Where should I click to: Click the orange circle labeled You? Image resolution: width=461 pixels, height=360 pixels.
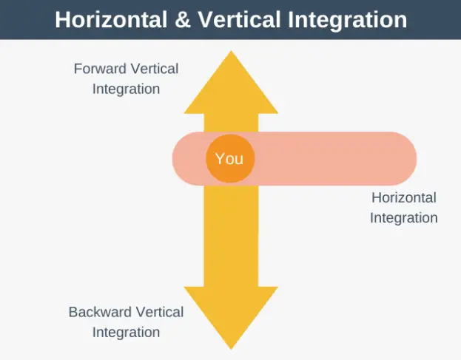pos(229,158)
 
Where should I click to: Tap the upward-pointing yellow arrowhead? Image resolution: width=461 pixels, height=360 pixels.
pos(230,85)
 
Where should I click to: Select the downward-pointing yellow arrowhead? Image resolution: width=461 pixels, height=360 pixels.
pos(230,314)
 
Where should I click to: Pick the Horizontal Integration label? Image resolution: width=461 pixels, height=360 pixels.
pos(403,208)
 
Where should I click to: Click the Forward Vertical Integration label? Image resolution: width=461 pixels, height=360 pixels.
pos(126,79)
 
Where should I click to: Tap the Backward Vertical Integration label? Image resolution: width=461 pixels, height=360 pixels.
pos(126,322)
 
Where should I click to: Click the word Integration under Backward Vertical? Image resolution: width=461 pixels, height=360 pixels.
pos(126,332)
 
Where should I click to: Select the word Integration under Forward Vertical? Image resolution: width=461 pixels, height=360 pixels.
pos(126,89)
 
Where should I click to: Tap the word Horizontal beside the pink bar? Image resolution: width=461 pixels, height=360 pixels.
pos(403,197)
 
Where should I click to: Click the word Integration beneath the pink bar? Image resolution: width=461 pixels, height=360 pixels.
pos(403,218)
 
